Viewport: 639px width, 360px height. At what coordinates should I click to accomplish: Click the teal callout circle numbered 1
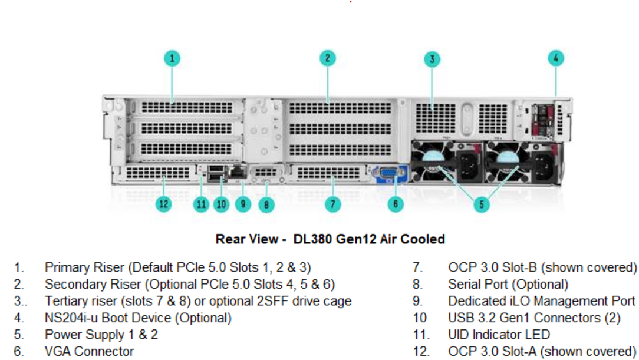[x=172, y=58]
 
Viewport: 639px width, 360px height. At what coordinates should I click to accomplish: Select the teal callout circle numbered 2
[x=328, y=58]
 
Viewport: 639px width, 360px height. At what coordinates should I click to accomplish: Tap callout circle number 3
[x=432, y=59]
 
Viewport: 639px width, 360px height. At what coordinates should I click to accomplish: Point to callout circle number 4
[x=555, y=58]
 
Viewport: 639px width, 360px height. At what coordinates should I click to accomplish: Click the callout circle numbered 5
[x=482, y=204]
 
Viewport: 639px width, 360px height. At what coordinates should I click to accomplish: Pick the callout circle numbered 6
[x=396, y=204]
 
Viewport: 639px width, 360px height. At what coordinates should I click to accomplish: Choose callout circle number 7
[x=332, y=204]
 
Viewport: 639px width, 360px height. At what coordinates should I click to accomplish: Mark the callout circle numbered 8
[x=266, y=204]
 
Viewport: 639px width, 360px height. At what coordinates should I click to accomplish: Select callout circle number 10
[x=221, y=204]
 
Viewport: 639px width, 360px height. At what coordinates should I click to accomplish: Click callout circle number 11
[x=202, y=204]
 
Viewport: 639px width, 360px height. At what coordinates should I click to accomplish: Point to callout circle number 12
[x=163, y=204]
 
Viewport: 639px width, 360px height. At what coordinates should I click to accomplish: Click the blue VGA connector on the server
[x=387, y=174]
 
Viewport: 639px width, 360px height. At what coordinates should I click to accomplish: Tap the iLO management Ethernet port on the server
[x=238, y=172]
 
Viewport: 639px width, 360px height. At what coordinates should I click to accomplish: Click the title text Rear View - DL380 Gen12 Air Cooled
[x=330, y=239]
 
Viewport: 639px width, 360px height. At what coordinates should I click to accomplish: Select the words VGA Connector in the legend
[x=89, y=352]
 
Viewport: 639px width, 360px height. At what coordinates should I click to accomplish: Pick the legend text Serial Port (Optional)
[x=508, y=285]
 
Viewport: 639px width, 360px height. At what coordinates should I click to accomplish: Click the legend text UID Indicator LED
[x=499, y=335]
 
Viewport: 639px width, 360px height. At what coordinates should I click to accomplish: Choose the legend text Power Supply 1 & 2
[x=101, y=335]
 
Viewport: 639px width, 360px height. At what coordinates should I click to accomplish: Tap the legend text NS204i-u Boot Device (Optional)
[x=138, y=318]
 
